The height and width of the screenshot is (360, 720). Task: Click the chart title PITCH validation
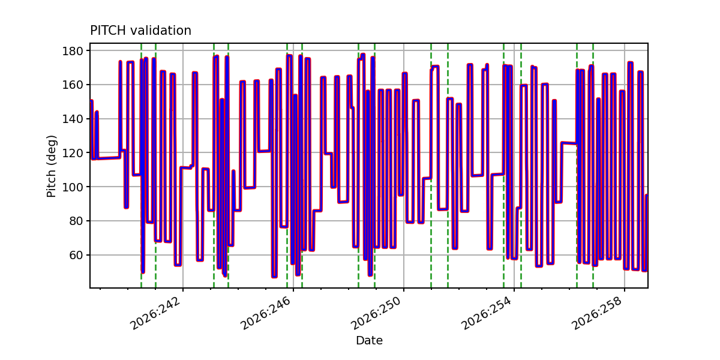coord(140,31)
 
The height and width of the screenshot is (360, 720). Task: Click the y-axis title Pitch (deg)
coord(51,166)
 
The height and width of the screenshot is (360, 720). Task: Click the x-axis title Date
coord(370,340)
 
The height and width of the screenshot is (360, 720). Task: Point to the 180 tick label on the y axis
coord(73,51)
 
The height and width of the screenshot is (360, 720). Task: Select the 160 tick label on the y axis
coord(73,85)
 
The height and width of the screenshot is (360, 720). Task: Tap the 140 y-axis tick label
coord(73,119)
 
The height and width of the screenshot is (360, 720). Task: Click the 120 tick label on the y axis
coord(73,153)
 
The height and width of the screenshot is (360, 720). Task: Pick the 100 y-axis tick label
coord(73,187)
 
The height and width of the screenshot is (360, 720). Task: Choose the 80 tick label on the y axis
coord(76,221)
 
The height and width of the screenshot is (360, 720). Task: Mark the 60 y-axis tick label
coord(76,255)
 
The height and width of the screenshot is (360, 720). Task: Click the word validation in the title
coord(161,31)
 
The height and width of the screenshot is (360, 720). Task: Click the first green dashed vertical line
coord(141,166)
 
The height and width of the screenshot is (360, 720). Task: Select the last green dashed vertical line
coord(593,166)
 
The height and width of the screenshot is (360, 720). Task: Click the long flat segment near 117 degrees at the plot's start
coord(109,158)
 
